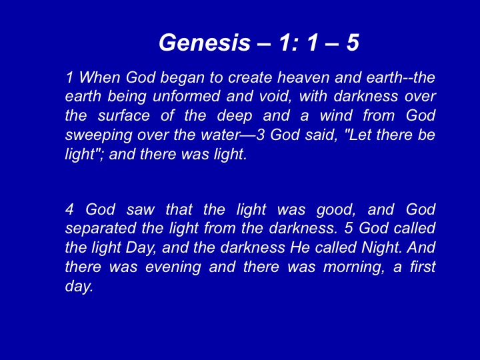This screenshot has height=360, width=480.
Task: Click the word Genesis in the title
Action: coord(205,42)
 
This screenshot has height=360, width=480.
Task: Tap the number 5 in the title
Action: coord(353,42)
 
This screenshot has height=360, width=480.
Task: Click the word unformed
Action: coord(186,97)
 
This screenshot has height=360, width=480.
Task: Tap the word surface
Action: coord(124,116)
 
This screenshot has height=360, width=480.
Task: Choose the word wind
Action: coord(335,116)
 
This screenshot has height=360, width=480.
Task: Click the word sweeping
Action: coord(98,135)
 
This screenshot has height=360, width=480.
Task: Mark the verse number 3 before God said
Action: coord(260,135)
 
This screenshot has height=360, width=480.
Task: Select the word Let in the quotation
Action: coord(359,135)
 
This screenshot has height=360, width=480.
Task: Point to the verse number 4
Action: coord(70,210)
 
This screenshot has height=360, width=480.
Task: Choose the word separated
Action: coord(101,229)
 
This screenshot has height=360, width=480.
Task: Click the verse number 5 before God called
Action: coord(349,229)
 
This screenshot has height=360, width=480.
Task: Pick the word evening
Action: coord(173,267)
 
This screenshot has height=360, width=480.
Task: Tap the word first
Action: coord(423,266)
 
